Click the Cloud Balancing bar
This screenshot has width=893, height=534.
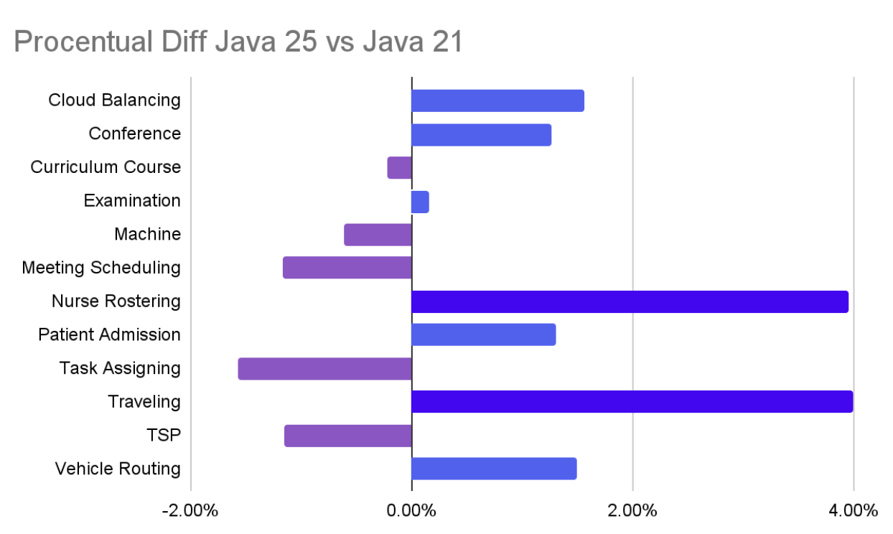pyautogui.click(x=497, y=101)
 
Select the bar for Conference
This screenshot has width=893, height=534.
pyautogui.click(x=481, y=135)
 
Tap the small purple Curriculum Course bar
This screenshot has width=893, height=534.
pyautogui.click(x=400, y=168)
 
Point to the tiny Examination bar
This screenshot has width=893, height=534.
pyautogui.click(x=420, y=202)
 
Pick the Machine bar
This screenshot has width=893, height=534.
pyautogui.click(x=378, y=235)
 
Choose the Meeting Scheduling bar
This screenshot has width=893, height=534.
pyautogui.click(x=347, y=268)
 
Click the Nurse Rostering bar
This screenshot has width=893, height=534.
pyautogui.click(x=630, y=301)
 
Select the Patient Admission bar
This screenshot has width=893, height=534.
pyautogui.click(x=483, y=334)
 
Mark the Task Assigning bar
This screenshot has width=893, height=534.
pyautogui.click(x=325, y=368)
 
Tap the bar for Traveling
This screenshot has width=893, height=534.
pyautogui.click(x=632, y=402)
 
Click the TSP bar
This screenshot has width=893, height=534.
pyautogui.click(x=348, y=436)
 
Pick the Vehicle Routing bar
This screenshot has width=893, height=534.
pyautogui.click(x=494, y=469)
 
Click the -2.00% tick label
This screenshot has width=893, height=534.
pyautogui.click(x=190, y=511)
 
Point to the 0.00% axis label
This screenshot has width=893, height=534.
pyautogui.click(x=411, y=511)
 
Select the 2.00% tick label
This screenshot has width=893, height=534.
pyautogui.click(x=632, y=511)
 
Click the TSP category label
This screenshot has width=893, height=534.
pyautogui.click(x=163, y=435)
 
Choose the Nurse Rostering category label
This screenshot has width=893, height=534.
pyautogui.click(x=116, y=301)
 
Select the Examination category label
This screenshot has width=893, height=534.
pyautogui.click(x=132, y=201)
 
